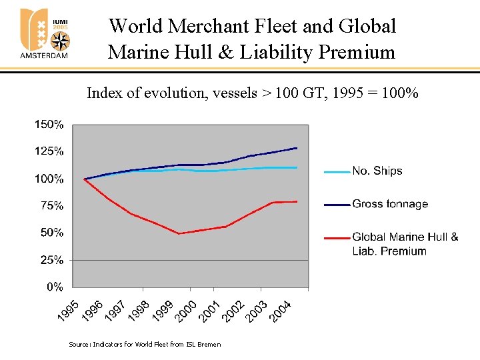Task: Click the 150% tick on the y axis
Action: [x=49, y=124]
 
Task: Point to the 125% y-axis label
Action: [x=49, y=151]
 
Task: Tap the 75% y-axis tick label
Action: [x=52, y=206]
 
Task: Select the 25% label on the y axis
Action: [x=52, y=260]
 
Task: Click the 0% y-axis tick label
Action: [x=55, y=287]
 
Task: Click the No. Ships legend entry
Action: [x=377, y=171]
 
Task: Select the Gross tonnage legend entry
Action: [x=390, y=205]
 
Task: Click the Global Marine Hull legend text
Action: [x=405, y=237]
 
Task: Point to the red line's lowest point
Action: [x=179, y=233]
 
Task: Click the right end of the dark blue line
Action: [x=297, y=148]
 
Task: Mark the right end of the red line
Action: [x=297, y=201]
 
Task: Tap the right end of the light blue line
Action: [x=297, y=167]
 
